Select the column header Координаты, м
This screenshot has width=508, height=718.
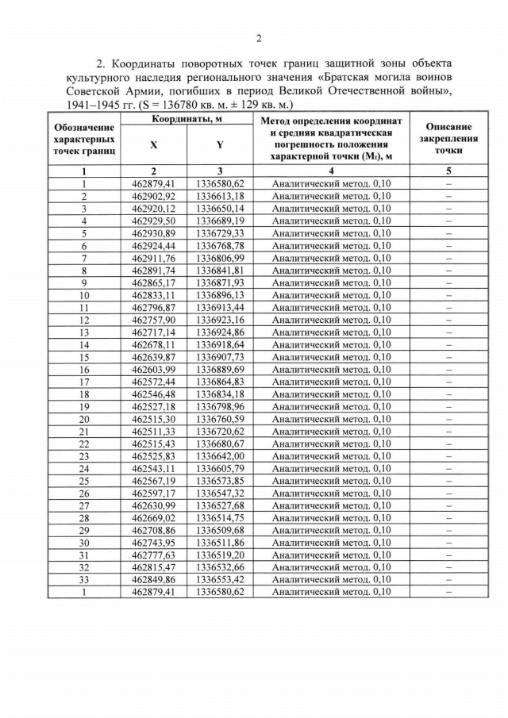[x=187, y=118]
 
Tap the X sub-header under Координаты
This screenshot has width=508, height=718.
[x=153, y=145]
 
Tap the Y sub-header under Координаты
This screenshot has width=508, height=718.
[x=219, y=145]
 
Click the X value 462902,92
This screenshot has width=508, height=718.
[x=153, y=196]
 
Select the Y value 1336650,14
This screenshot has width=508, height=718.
[x=220, y=209]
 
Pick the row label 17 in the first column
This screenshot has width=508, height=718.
[x=83, y=382]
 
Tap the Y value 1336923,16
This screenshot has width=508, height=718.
[x=220, y=320]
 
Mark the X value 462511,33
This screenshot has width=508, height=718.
[x=153, y=431]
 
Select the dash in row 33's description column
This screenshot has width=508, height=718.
[x=448, y=580]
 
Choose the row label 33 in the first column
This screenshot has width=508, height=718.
[x=83, y=580]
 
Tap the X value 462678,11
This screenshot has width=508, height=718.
[x=153, y=344]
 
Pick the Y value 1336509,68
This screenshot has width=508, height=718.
[x=220, y=530]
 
